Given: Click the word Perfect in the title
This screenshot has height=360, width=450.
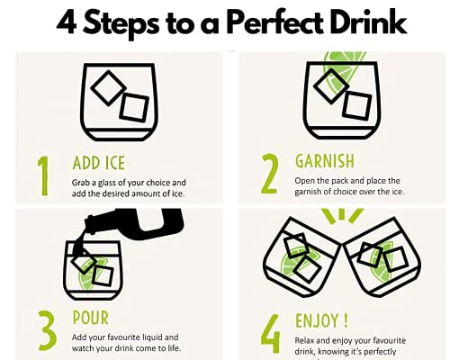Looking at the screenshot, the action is (274, 22).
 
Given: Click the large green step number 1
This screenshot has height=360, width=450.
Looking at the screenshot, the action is (43, 175).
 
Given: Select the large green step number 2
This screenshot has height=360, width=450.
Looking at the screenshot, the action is (269, 174).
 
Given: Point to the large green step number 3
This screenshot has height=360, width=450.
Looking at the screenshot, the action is (47, 331).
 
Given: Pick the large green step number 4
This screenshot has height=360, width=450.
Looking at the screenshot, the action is (271, 333).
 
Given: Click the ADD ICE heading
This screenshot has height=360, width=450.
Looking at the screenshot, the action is (99, 163).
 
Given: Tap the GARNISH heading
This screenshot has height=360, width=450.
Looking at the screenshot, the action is (325, 161).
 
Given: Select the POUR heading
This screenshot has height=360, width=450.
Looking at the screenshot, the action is (91, 318).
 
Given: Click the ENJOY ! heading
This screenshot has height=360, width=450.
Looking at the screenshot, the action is (322, 320).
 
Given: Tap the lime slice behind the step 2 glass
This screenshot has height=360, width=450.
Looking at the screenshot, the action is (345, 70).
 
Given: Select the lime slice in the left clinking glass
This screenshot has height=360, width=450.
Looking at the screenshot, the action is (297, 262).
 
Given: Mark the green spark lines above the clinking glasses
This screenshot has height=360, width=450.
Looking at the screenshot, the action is (342, 216).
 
